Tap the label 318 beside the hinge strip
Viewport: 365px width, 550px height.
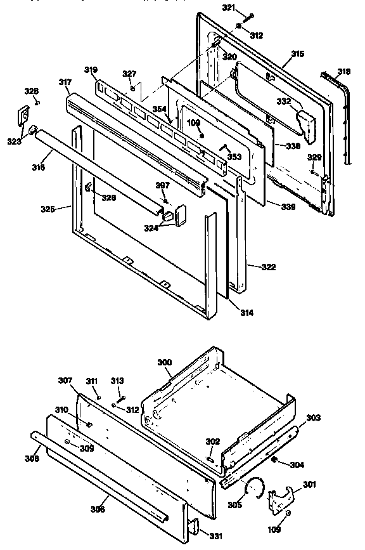(343, 71)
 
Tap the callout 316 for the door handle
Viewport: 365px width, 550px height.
(39, 169)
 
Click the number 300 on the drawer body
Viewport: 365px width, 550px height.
(164, 362)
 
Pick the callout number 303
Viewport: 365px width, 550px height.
(314, 417)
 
